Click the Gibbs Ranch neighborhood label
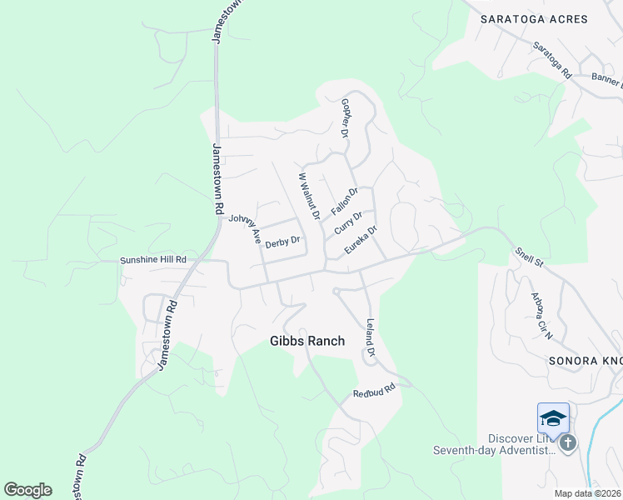click(307, 341)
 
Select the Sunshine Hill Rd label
click(152, 260)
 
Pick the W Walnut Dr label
click(309, 195)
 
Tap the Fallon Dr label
click(344, 200)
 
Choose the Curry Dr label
click(348, 222)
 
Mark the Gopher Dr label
click(345, 117)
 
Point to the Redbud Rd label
click(371, 390)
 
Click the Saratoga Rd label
click(552, 61)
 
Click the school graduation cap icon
click(553, 417)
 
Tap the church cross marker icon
click(568, 442)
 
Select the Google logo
click(27, 490)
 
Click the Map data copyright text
click(588, 493)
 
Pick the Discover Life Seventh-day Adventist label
click(493, 445)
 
